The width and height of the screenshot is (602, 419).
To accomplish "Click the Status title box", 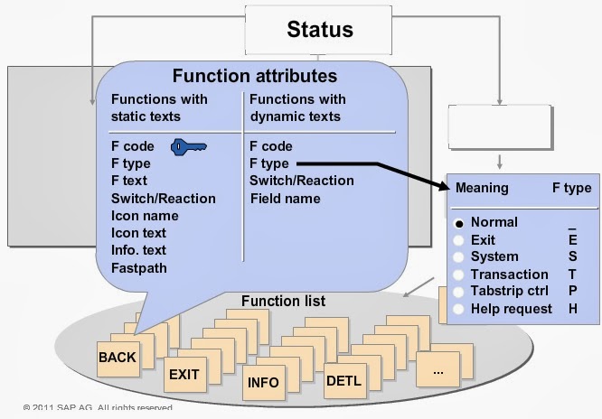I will coord(320,30).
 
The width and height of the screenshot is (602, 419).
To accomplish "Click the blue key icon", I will coord(189,145).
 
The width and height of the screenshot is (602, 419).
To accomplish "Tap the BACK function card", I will coord(118,358).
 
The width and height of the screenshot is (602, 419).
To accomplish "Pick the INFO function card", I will coord(263,382).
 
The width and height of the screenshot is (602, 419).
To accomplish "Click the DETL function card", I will coord(343,381).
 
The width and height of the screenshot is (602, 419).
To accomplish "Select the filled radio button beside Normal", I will coord(459,222).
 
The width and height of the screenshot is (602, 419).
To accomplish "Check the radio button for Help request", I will coord(459,309).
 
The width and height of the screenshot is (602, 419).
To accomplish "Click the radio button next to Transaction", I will coord(459,275).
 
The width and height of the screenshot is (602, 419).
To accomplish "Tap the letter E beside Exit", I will coord(572,240).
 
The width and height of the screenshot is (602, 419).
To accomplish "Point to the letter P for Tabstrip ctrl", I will coord(572,292).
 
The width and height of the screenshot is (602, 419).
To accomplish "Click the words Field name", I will coord(285,199).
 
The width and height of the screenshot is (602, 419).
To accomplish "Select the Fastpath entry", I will coord(139,267).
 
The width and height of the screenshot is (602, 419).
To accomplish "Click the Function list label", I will coord(283,300).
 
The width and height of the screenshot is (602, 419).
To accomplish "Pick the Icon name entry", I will coord(145,216).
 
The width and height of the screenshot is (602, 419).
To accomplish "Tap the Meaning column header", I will coord(482,189).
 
